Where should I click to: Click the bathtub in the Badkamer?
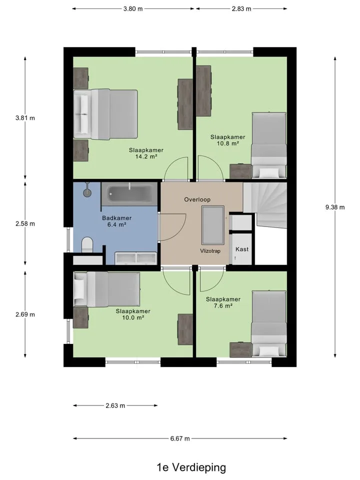pyautogui.click(x=129, y=194)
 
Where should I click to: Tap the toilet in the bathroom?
pyautogui.click(x=87, y=245)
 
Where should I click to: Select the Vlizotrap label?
pyautogui.click(x=210, y=251)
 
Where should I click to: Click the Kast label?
pyautogui.click(x=242, y=249)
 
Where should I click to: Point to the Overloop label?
pyautogui.click(x=197, y=199)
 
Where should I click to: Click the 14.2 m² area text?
pyautogui.click(x=146, y=156)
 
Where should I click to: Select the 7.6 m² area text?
pyautogui.click(x=223, y=305)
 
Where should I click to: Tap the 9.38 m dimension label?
pyautogui.click(x=335, y=207)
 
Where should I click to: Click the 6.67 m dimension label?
pyautogui.click(x=180, y=438)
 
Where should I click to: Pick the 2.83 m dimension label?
pyautogui.click(x=241, y=8)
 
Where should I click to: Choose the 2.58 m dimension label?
pyautogui.click(x=25, y=224)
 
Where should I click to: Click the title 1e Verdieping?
pyautogui.click(x=191, y=467)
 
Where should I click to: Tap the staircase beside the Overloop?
pyautogui.click(x=265, y=205)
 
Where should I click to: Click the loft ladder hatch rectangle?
pyautogui.click(x=213, y=225)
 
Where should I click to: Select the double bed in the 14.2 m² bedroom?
pyautogui.click(x=105, y=114)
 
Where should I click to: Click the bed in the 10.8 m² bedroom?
pyautogui.click(x=269, y=145)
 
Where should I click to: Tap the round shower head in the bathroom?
pyautogui.click(x=87, y=192)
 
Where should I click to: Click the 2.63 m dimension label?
pyautogui.click(x=115, y=405)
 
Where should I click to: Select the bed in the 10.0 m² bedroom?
pyautogui.click(x=107, y=289)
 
